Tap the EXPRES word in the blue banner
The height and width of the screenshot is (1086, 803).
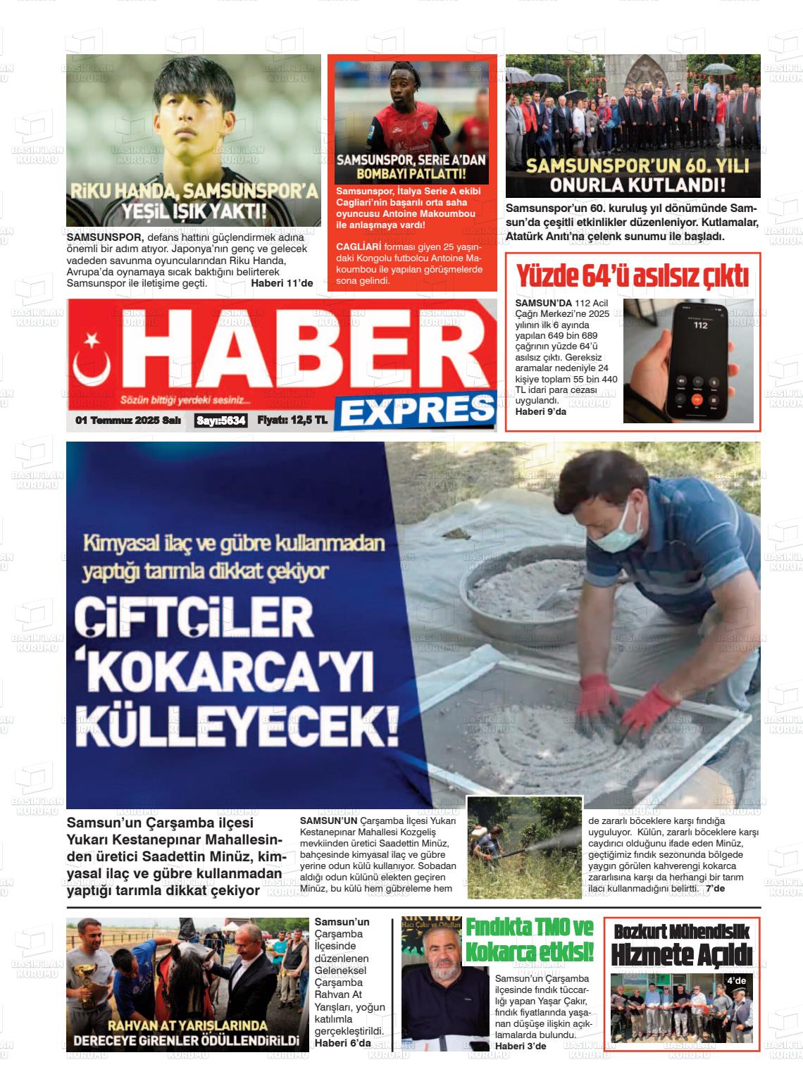point(416,411)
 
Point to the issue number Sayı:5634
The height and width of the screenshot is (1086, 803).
point(220,420)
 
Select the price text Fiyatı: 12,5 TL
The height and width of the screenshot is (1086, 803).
point(292,420)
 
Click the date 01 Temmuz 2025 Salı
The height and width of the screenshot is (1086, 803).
point(128,420)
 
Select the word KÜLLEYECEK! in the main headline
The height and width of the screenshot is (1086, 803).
point(232,727)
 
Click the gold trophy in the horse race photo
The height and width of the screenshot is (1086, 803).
point(88,981)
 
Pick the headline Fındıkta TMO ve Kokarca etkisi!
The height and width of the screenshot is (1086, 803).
point(529,940)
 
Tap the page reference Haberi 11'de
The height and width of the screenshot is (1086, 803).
point(281,283)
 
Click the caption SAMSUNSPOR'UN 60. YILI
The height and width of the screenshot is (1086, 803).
point(632,167)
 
